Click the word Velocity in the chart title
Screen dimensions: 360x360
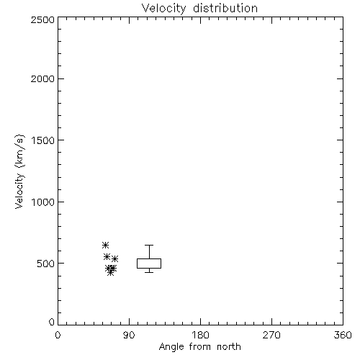pos(163,9)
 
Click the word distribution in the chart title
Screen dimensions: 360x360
pos(225,8)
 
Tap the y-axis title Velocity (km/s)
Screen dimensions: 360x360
pos(19,171)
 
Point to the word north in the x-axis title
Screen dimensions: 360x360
pos(229,347)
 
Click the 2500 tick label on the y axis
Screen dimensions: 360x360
pos(42,20)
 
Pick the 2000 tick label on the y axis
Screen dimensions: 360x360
pos(42,78)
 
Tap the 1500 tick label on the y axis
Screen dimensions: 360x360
pos(43,140)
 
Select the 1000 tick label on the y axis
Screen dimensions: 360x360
pos(43,202)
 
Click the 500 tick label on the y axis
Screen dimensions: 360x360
pos(46,264)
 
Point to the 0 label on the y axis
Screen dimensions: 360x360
pos(52,322)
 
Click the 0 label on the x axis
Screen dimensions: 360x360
pos(58,335)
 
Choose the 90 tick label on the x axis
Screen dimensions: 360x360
pos(129,335)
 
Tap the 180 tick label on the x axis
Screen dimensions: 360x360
pos(200,335)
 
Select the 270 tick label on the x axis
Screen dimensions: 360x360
pos(271,335)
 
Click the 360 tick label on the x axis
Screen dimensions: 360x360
pos(343,335)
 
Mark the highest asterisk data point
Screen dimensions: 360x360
pos(105,246)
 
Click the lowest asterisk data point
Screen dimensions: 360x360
pos(110,272)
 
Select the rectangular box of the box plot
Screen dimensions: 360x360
pos(137,264)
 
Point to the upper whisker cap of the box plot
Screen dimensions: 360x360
pos(149,245)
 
